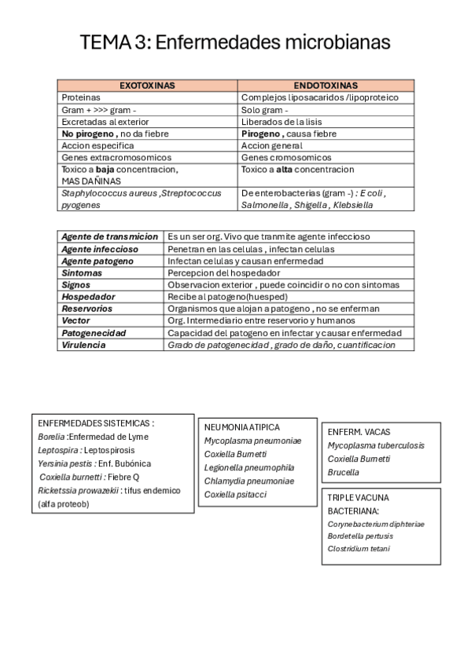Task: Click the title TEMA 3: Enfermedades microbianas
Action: click(x=235, y=42)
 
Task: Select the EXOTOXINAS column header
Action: click(x=147, y=85)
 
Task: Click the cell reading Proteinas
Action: click(x=81, y=97)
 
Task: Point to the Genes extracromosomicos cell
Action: click(x=116, y=157)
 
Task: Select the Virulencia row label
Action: click(x=83, y=345)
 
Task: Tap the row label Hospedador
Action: click(x=88, y=297)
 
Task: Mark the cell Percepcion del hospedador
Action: click(x=224, y=273)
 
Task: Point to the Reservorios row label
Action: click(x=87, y=309)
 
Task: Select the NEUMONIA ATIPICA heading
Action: click(x=241, y=427)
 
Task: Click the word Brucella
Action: click(x=343, y=473)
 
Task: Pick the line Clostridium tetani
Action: click(x=358, y=548)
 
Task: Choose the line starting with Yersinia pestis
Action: click(x=94, y=463)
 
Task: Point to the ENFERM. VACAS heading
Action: click(x=359, y=432)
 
